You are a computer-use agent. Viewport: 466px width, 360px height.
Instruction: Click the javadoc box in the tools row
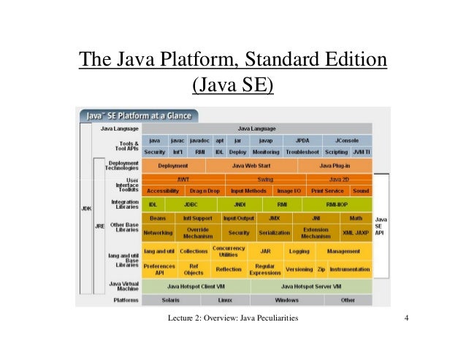(x=199, y=140)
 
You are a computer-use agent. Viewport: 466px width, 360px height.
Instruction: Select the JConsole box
(x=345, y=140)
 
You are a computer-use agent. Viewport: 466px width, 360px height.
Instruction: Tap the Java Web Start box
(x=251, y=166)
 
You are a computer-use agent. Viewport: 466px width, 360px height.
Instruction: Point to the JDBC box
(x=191, y=204)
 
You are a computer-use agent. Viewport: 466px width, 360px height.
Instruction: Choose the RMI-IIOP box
(x=337, y=204)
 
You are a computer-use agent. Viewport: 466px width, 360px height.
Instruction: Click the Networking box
(x=158, y=233)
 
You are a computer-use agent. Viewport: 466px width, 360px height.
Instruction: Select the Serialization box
(x=274, y=233)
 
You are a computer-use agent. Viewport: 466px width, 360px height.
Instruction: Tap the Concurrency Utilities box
(x=229, y=252)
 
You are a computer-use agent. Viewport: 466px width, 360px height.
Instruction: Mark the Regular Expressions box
(x=265, y=269)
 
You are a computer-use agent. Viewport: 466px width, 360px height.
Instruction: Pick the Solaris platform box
(x=170, y=299)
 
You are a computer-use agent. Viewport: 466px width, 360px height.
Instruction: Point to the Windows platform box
(x=286, y=299)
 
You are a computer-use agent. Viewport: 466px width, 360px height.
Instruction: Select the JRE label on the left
(x=99, y=226)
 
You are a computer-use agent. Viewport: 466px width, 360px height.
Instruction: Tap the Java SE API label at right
(x=381, y=227)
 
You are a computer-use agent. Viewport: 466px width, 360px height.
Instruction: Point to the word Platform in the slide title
(x=197, y=58)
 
